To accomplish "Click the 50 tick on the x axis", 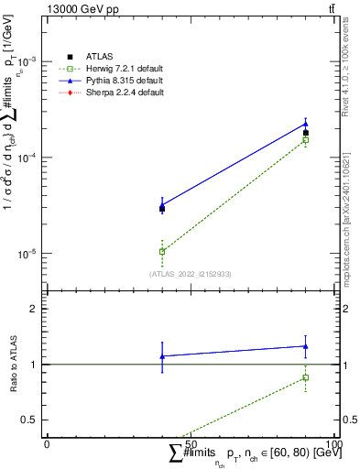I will [x=191, y=443].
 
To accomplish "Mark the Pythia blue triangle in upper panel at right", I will [x=305, y=124].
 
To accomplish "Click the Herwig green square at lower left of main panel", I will [x=162, y=251].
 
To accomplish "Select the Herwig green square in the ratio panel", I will [x=305, y=377].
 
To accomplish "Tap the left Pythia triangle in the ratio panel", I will [x=162, y=356].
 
